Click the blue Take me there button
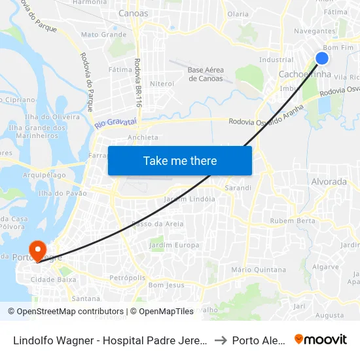coord(180,160)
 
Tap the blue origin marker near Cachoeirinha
coord(322,58)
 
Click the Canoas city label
coord(134,13)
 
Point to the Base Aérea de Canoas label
coord(205,74)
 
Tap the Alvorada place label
coord(329,181)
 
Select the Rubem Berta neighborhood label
coord(292,221)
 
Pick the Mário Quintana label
coord(259,269)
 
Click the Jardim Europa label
coord(174,245)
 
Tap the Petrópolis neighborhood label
coord(128,278)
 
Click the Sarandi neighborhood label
coord(238,188)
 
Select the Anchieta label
coord(143,137)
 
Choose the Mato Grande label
coord(103,34)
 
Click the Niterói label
coord(162,84)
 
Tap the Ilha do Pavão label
coord(63,193)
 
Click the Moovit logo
coord(321,339)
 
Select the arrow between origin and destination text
coord(219,340)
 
